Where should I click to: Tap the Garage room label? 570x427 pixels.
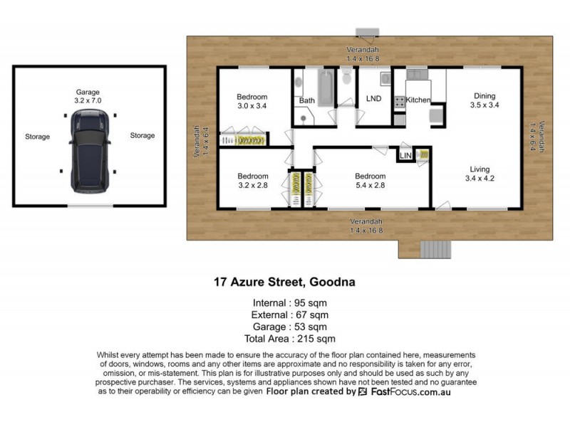coord(88,92)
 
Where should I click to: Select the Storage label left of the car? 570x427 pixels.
coord(37,137)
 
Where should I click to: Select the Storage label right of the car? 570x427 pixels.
coord(142,135)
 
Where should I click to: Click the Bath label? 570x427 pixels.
coord(306,101)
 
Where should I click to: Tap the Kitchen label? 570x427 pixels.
coord(418,100)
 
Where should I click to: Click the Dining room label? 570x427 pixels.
coord(483,96)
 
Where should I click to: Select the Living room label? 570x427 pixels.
coord(478,169)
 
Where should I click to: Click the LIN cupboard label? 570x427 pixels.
coord(406,155)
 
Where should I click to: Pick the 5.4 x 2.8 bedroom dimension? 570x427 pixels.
coord(370,186)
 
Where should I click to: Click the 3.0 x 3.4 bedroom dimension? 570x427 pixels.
coord(252,107)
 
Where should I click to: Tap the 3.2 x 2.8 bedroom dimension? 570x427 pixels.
coord(253,186)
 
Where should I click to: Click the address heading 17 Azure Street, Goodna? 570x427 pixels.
coord(284,282)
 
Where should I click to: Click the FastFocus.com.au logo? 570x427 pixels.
coord(409,392)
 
